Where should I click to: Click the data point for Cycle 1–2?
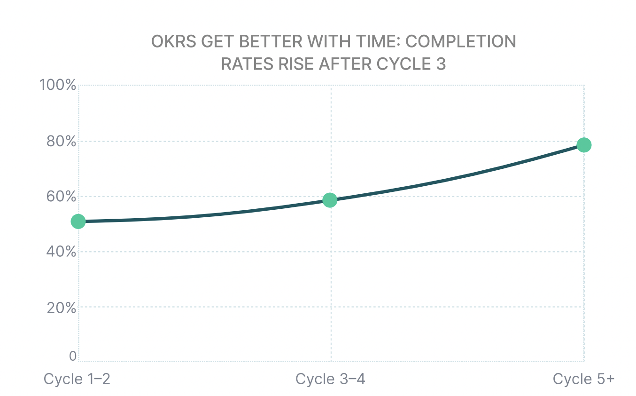tap(78, 222)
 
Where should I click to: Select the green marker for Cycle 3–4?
tap(330, 200)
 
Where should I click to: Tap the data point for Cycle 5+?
tap(583, 145)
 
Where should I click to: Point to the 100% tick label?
tap(58, 86)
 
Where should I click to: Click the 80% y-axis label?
tap(61, 141)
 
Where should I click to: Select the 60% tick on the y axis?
tap(61, 196)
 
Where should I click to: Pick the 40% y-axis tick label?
tap(61, 252)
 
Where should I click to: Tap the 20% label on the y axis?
tap(61, 307)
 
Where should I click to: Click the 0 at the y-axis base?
tap(73, 356)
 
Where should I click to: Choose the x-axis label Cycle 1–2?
tap(77, 379)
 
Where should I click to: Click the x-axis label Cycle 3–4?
tap(330, 379)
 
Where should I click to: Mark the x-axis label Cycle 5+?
tap(583, 379)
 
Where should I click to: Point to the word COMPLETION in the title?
tap(460, 42)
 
